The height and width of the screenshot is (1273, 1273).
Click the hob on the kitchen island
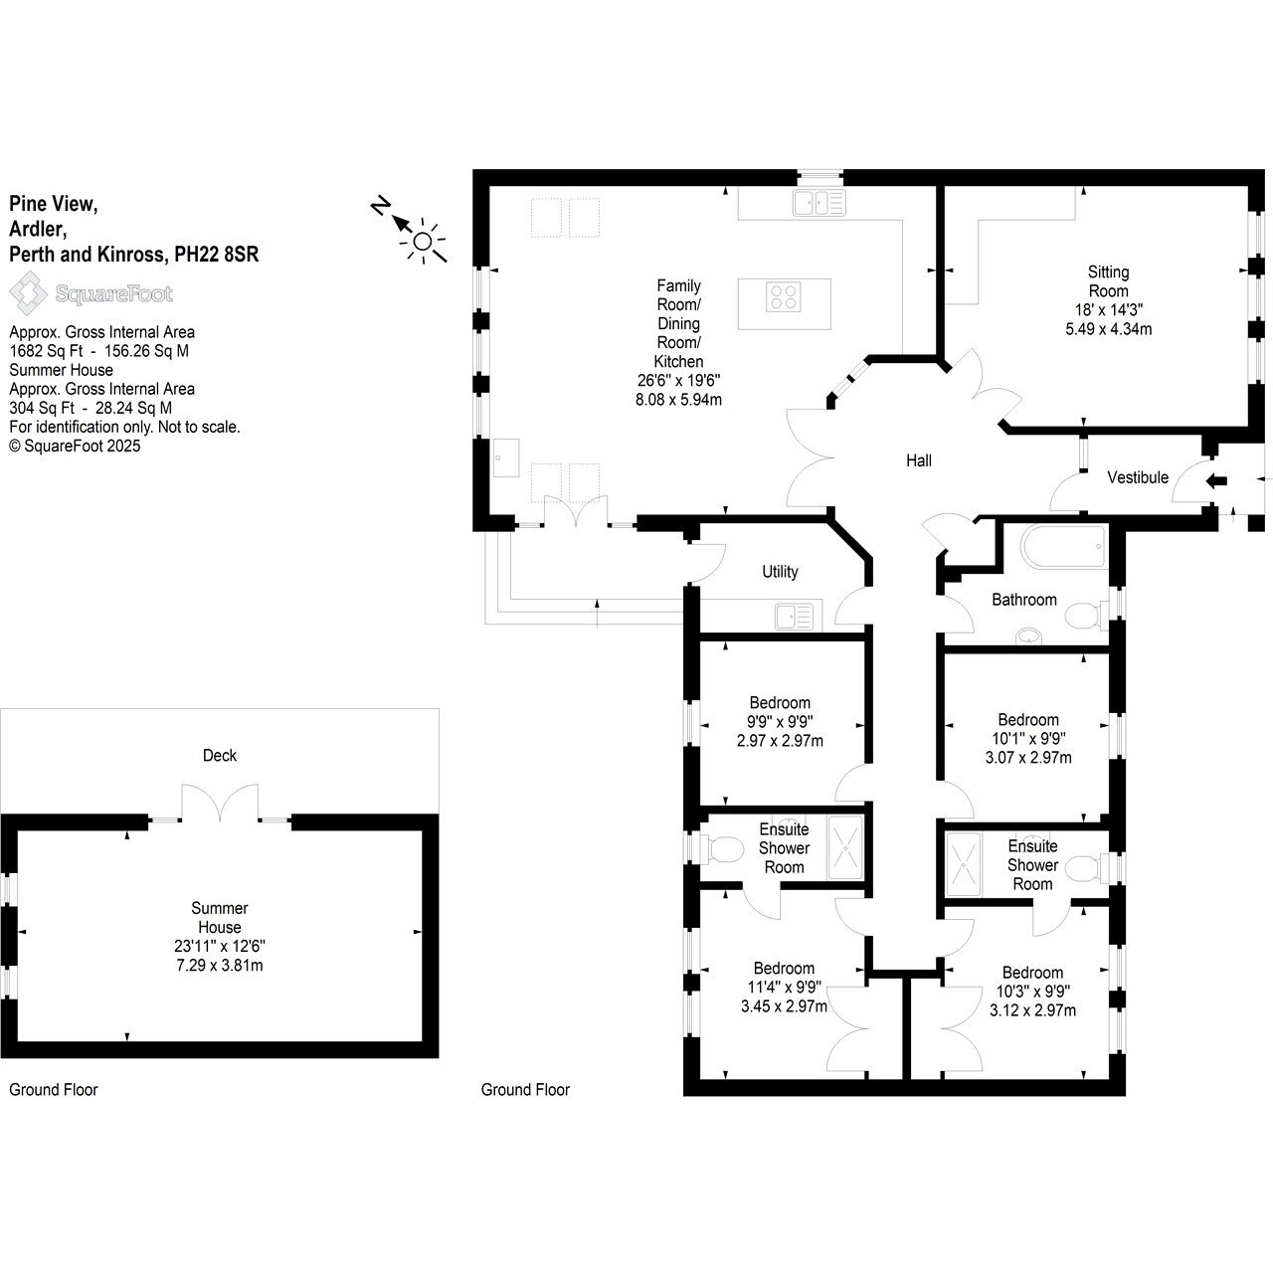tap(784, 296)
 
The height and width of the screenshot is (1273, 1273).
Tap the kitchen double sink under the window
tap(819, 202)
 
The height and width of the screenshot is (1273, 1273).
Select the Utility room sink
tap(794, 617)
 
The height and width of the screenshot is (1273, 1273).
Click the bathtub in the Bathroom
tap(1063, 546)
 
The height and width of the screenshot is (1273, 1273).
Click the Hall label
tap(918, 460)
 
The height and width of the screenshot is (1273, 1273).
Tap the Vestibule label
tap(1138, 477)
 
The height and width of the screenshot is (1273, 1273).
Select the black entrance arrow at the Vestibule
tap(1216, 481)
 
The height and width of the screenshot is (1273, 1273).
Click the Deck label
tap(220, 755)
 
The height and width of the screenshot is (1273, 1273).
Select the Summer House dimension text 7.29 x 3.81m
tap(220, 965)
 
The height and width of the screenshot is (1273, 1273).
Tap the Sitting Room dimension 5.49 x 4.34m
tap(1109, 328)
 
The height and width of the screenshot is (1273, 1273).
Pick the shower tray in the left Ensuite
tap(845, 847)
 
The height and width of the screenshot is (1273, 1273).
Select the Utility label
tap(780, 572)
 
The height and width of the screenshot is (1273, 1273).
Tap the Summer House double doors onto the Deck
tap(220, 803)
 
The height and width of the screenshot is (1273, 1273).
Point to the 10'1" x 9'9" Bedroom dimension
tap(1028, 738)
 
